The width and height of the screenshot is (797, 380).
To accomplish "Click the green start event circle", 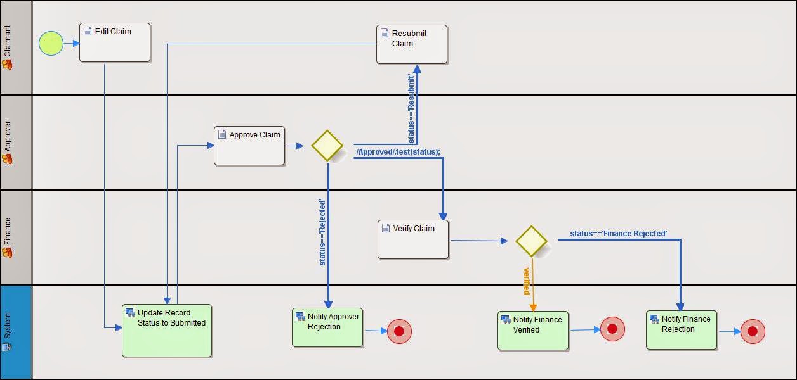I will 51,44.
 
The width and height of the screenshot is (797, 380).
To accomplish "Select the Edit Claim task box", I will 115,42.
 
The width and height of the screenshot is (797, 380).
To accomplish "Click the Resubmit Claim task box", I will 412,44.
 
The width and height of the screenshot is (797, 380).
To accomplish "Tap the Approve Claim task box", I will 249,146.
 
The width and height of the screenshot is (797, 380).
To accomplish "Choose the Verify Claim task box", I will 413,239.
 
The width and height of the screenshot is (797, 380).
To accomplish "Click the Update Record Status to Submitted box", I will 167,331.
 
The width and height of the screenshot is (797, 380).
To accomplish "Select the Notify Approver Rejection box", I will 327,327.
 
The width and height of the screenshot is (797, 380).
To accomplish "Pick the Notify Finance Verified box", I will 533,330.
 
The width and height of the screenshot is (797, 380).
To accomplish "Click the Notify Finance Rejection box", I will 682,329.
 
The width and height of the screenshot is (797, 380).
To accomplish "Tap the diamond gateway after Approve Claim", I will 327,146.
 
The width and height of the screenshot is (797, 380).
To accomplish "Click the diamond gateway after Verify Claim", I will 531,241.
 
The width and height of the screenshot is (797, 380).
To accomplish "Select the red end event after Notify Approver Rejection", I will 399,331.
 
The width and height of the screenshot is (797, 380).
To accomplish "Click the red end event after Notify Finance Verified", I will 612,329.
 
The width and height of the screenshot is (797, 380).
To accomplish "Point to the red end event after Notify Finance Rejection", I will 753,331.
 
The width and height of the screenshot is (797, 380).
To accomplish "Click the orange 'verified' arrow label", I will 526,281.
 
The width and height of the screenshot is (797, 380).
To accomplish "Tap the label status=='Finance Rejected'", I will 618,234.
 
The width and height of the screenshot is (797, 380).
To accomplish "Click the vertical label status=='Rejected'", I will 322,232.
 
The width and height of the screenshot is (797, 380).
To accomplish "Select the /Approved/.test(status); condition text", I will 398,152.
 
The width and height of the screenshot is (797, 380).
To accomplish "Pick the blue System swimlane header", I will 16,332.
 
